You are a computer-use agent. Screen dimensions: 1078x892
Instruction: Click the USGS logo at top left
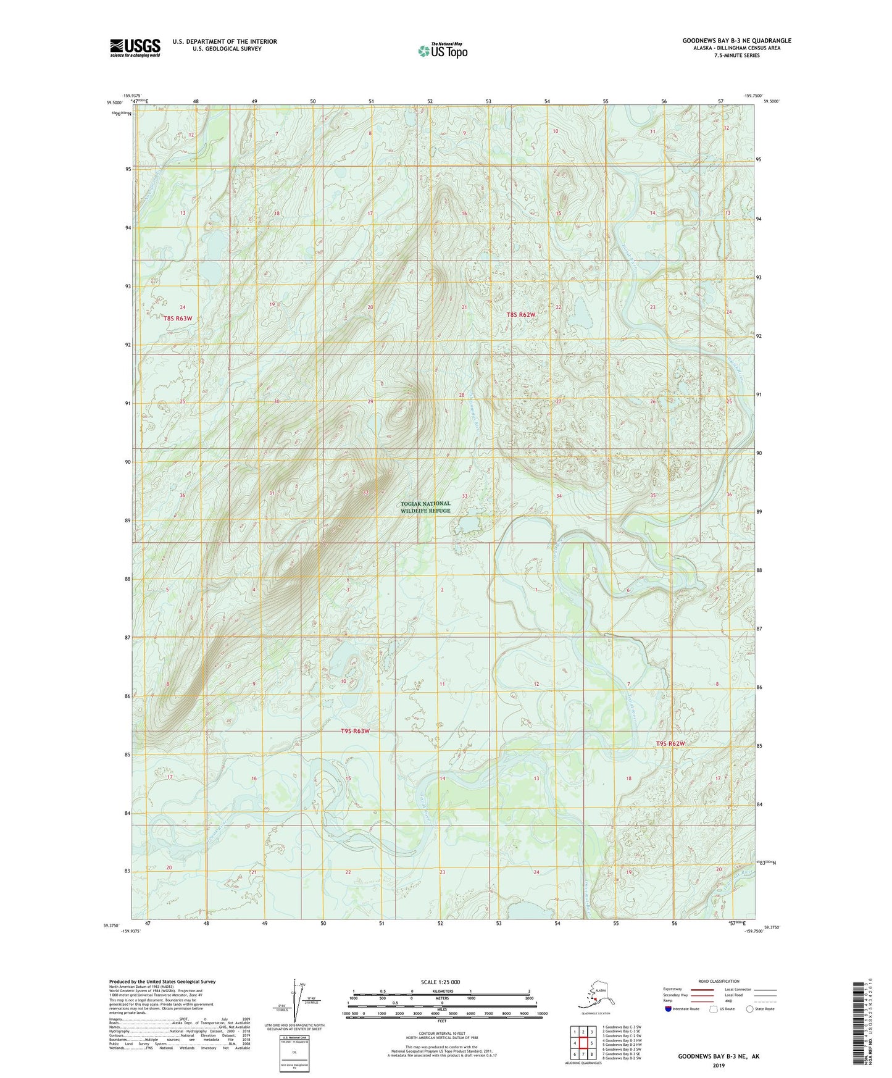coord(135,48)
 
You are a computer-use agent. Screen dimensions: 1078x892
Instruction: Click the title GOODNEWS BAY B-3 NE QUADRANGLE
coord(736,41)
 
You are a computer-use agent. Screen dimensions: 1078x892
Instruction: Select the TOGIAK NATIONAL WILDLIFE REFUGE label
coord(426,507)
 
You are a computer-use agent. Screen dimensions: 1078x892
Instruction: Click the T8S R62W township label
coord(520,315)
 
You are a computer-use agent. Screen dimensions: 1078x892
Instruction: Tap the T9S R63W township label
coord(355,731)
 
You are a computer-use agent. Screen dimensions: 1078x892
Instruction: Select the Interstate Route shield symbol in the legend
coord(668,1009)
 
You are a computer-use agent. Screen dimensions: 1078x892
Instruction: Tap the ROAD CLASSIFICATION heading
coord(719,981)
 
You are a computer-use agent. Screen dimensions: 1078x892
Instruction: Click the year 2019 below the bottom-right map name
coord(719,1065)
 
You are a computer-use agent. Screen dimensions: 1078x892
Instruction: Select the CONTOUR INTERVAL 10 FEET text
coord(441,1032)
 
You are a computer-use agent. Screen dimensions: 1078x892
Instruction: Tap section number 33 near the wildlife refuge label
coord(465,496)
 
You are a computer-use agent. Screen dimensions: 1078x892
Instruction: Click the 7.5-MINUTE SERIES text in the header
coord(736,56)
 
